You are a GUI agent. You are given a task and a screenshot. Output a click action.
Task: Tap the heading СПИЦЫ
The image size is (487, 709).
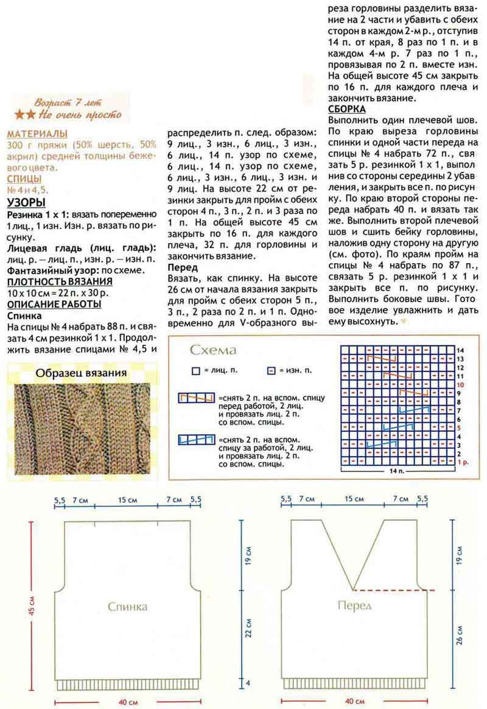point(24,178)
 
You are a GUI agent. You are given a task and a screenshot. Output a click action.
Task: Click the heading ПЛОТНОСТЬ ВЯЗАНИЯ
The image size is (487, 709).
point(59,281)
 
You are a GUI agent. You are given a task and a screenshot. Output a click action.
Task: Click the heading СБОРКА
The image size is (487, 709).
point(346,110)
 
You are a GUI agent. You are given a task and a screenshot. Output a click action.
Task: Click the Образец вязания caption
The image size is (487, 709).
point(80,373)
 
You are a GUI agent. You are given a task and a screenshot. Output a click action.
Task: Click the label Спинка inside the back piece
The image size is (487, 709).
point(127,607)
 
